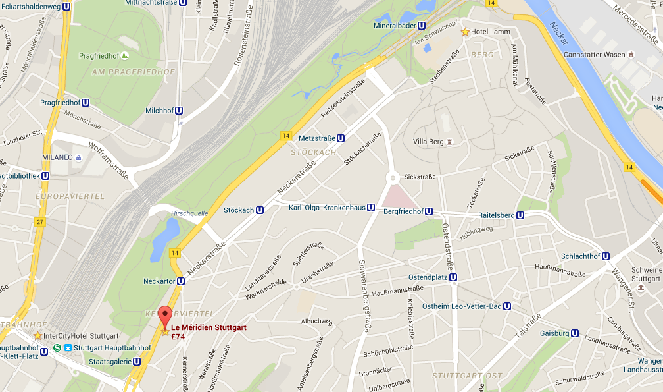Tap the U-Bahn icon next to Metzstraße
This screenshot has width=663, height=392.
point(341,139)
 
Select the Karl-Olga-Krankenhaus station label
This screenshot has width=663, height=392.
point(327,208)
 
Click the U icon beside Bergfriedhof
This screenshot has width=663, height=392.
point(429,212)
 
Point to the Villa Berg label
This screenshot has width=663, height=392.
point(428,142)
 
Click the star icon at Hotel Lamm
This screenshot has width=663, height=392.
point(466,32)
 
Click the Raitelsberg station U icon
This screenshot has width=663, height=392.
point(520,215)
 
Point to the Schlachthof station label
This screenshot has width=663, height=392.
point(581,256)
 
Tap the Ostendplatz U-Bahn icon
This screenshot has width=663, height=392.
point(453,277)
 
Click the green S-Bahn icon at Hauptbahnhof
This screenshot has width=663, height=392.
point(58,348)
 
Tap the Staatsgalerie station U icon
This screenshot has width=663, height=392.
point(137,361)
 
